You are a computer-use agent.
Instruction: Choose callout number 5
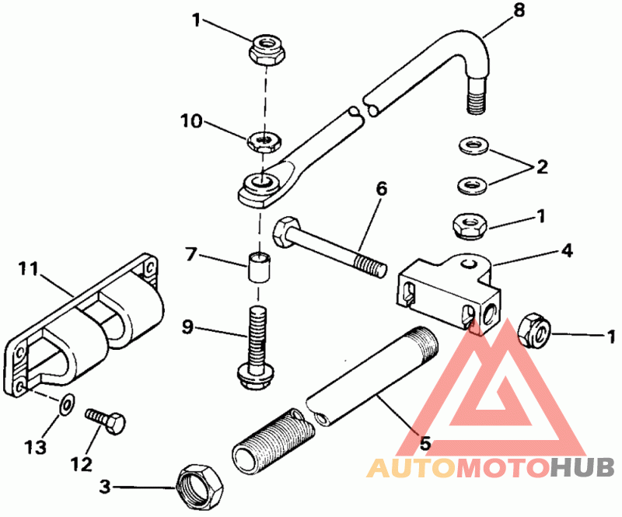[424, 445]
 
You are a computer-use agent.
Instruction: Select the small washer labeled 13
[67, 403]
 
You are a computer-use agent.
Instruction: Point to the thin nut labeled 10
[264, 141]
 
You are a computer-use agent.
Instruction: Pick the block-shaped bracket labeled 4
[447, 291]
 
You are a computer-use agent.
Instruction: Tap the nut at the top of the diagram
[267, 51]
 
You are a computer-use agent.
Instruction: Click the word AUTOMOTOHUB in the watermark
[490, 468]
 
